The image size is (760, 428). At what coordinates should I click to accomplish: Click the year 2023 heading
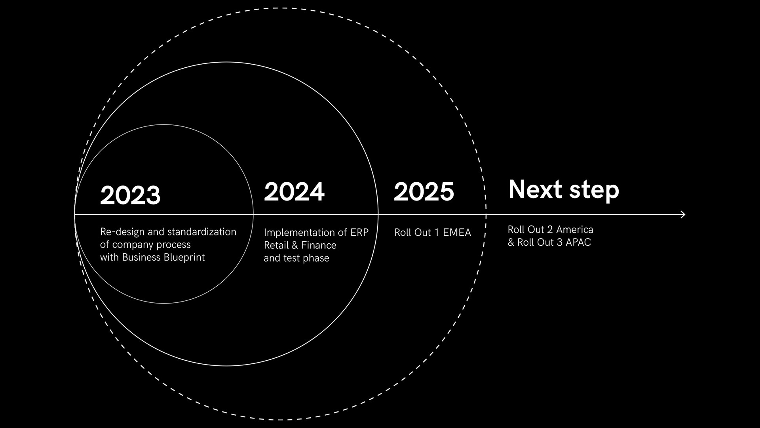(x=130, y=195)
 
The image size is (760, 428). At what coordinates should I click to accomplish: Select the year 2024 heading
(x=294, y=191)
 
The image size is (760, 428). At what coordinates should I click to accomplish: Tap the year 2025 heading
(x=424, y=191)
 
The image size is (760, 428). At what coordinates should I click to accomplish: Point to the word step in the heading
(x=594, y=191)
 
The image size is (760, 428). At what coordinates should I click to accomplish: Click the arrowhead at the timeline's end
(x=682, y=214)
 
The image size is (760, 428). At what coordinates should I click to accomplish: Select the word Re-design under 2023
(x=122, y=232)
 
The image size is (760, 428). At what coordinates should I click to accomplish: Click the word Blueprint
(x=184, y=258)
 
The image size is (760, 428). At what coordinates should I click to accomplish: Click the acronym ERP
(x=359, y=233)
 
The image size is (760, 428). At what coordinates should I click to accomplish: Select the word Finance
(x=319, y=245)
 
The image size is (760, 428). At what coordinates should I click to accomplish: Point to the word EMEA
(x=457, y=233)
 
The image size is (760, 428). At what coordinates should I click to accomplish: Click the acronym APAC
(x=578, y=243)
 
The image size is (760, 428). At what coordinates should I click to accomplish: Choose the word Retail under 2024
(x=276, y=245)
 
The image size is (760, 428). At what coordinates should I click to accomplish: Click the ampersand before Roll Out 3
(x=511, y=243)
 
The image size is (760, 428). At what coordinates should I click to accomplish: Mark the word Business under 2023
(x=141, y=258)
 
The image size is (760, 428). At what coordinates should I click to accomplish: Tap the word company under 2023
(x=132, y=245)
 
